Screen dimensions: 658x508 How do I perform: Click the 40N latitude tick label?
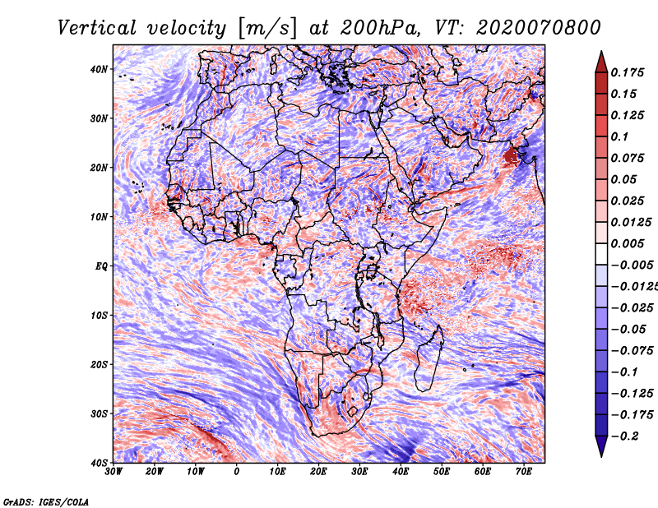click(x=99, y=69)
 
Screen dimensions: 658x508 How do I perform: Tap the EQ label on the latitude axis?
click(x=101, y=266)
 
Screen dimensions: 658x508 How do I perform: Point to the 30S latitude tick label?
click(x=99, y=414)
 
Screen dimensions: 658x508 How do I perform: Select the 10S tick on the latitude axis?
click(x=99, y=316)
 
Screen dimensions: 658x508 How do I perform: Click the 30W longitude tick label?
click(x=114, y=472)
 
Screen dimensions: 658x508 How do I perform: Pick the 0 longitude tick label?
click(x=237, y=472)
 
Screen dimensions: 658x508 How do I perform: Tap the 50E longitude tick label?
click(x=442, y=472)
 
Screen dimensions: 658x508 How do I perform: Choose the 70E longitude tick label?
click(x=523, y=472)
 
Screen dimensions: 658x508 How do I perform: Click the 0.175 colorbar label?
click(x=627, y=72)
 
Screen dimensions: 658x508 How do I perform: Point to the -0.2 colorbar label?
click(x=625, y=436)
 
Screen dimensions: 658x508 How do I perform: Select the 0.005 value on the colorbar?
click(x=627, y=243)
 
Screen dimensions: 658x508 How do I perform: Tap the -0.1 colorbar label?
click(x=625, y=372)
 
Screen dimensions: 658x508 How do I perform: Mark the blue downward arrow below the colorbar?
click(x=601, y=445)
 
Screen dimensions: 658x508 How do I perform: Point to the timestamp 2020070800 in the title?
click(x=539, y=28)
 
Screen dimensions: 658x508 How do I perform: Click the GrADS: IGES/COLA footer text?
click(x=46, y=501)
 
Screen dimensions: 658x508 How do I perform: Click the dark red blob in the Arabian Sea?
click(x=511, y=157)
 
